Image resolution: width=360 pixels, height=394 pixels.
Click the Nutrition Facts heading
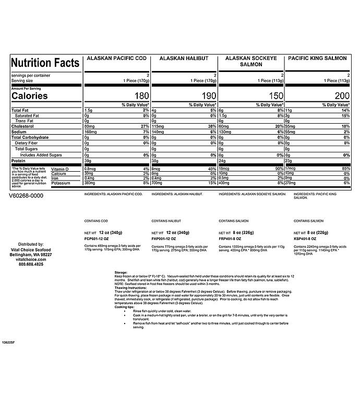point(45,63)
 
